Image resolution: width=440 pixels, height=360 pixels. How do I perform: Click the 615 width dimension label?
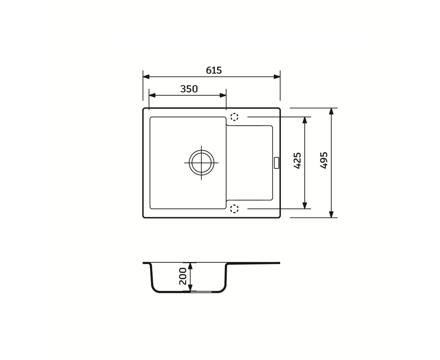[214, 70]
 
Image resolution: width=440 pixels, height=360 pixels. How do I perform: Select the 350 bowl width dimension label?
[189, 89]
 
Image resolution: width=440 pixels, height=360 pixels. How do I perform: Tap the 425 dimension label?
[297, 160]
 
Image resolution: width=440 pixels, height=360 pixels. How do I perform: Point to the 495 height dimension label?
[324, 160]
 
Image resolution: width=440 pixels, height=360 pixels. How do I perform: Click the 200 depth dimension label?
[183, 276]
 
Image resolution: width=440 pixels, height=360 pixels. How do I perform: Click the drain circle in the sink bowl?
[201, 162]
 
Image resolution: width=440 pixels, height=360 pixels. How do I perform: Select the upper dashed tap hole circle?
[234, 117]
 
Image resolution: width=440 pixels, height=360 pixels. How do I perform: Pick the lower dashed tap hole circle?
[234, 209]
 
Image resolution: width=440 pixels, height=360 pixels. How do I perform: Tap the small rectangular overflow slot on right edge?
[277, 163]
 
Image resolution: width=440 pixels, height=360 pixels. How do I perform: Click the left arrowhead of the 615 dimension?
[146, 77]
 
